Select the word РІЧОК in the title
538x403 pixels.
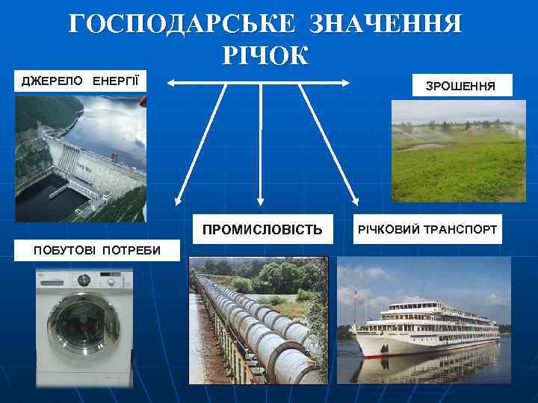pos(265,55)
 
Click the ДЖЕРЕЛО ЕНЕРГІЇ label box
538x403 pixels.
pos(80,81)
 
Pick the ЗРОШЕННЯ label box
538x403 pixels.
pos(460,87)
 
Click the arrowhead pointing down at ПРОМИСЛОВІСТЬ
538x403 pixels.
pos(259,200)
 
